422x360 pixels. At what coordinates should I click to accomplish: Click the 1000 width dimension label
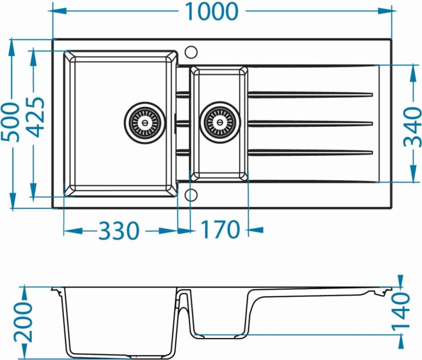(212, 12)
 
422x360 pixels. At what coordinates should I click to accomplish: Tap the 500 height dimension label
(11, 122)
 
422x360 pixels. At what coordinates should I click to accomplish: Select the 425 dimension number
(36, 117)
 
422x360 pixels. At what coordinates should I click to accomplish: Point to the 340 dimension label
(413, 127)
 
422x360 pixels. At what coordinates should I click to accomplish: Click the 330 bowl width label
(119, 231)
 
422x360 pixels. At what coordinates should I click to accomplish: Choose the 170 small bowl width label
(220, 229)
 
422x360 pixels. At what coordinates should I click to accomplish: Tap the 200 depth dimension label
(23, 322)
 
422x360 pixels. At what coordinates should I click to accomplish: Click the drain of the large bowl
(145, 123)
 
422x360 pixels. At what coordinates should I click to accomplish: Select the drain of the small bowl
(220, 123)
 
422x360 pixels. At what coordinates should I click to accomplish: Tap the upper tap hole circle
(191, 52)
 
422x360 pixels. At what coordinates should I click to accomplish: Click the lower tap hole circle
(191, 195)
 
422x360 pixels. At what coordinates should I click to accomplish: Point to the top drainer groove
(310, 94)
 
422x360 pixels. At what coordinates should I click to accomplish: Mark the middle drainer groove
(310, 123)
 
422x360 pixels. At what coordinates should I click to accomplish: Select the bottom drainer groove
(310, 152)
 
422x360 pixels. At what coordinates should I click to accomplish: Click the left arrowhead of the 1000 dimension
(58, 11)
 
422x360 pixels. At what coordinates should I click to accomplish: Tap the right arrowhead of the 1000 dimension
(387, 11)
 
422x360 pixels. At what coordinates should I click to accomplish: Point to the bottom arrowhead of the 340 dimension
(412, 174)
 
